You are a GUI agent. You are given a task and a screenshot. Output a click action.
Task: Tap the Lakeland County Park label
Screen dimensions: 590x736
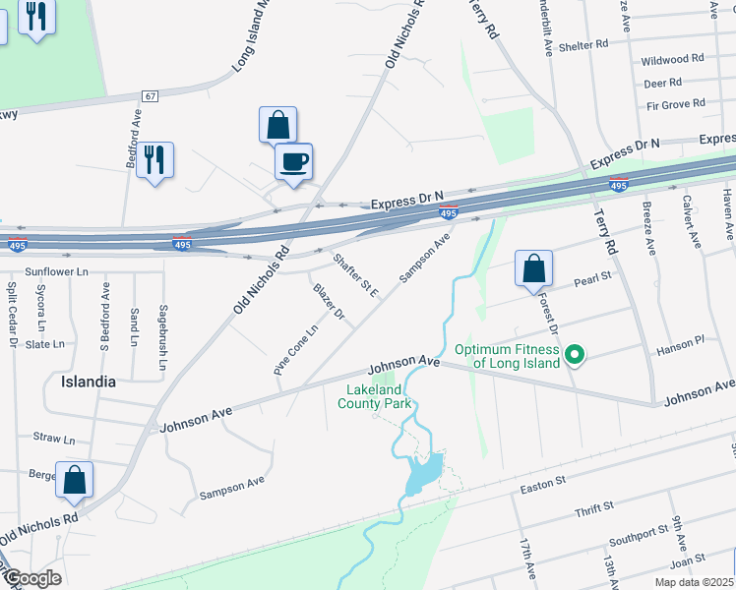pyautogui.click(x=377, y=395)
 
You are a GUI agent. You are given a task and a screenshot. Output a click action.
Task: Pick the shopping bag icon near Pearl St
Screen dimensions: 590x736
pyautogui.click(x=533, y=267)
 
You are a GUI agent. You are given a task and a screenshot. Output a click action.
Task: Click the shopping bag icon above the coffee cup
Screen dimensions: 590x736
pyautogui.click(x=278, y=125)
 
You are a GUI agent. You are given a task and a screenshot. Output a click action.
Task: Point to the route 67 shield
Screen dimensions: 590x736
pyautogui.click(x=150, y=96)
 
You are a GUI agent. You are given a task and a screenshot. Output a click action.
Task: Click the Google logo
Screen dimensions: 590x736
pyautogui.click(x=31, y=577)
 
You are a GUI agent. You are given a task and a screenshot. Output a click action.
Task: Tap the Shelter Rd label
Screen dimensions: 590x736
pyautogui.click(x=584, y=45)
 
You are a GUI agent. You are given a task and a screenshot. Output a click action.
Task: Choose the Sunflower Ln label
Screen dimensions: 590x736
pyautogui.click(x=56, y=270)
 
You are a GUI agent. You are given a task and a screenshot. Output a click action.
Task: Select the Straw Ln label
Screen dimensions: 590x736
pyautogui.click(x=54, y=439)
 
